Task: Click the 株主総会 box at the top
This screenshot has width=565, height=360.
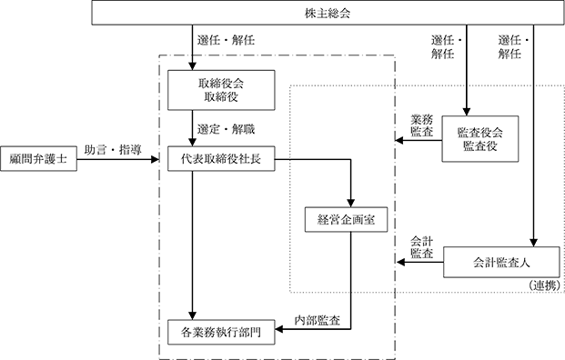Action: tap(328, 13)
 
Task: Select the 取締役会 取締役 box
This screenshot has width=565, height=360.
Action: tap(221, 90)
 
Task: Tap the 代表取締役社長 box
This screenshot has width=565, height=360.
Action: tap(221, 159)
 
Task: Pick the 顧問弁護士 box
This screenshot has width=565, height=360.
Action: tap(38, 159)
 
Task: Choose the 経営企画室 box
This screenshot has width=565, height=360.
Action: tap(347, 219)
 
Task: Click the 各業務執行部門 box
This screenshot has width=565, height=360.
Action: tap(221, 332)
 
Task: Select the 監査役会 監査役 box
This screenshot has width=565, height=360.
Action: tap(480, 139)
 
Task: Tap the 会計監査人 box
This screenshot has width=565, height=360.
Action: tap(501, 263)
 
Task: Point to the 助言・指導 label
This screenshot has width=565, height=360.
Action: tap(113, 150)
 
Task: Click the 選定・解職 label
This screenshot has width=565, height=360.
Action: tap(226, 129)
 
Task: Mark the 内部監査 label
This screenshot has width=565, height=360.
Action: tap(318, 320)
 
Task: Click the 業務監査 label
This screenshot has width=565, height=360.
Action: tap(422, 125)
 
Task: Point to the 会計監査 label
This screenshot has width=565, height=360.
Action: tap(422, 247)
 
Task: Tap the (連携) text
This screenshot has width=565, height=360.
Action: tap(545, 285)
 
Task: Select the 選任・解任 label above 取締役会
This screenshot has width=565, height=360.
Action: tap(226, 40)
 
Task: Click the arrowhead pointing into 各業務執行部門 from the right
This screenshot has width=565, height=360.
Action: tap(279, 329)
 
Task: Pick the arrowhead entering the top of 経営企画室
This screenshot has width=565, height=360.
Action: tap(350, 203)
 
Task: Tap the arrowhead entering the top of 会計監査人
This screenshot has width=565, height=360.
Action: tap(534, 243)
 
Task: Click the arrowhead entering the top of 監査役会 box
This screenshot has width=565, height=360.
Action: tap(467, 112)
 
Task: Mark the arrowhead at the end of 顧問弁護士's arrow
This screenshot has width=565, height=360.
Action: tap(155, 159)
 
